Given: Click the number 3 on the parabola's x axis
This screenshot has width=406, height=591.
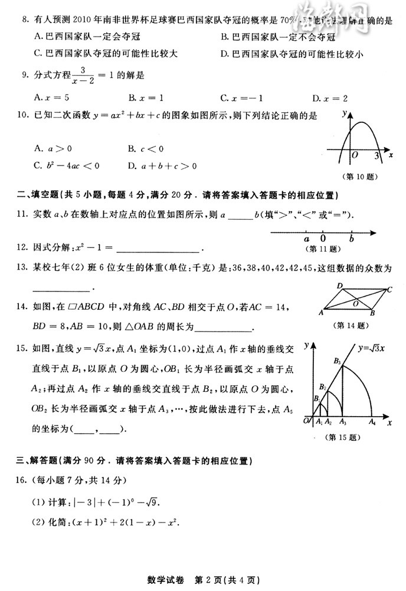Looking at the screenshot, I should tap(376, 155).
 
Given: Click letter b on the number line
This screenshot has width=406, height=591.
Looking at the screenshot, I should tap(352, 239).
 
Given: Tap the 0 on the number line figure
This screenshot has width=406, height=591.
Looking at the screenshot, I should tap(323, 239).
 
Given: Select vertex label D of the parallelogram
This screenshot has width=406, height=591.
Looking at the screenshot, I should tap(340, 286).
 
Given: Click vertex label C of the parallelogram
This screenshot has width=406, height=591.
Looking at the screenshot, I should tap(390, 290).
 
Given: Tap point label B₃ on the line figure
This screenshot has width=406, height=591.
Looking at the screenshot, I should tap(337, 360).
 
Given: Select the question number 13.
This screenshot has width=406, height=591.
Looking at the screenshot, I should tap(24, 268).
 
